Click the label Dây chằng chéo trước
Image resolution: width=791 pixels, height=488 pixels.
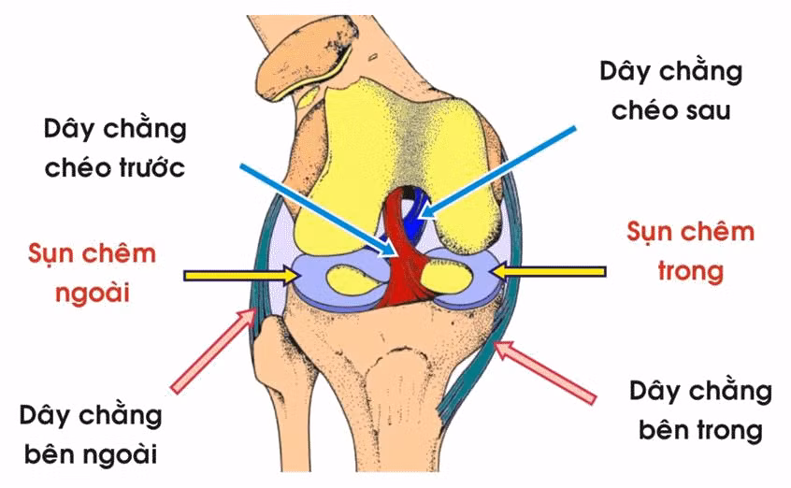tap(115, 149)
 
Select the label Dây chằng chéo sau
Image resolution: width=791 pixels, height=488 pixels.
tap(671, 91)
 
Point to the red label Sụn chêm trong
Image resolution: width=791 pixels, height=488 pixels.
tap(691, 251)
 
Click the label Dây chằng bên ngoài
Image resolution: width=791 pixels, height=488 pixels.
tap(91, 435)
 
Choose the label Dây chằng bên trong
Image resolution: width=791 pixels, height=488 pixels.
tap(700, 411)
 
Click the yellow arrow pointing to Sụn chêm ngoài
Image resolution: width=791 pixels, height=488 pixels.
tap(242, 276)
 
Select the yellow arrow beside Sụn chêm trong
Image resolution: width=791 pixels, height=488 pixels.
tap(548, 272)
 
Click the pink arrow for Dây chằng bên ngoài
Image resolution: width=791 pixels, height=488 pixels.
tap(214, 351)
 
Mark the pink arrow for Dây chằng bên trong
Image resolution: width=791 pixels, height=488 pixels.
tap(545, 372)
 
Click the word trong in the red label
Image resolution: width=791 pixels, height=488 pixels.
tap(691, 271)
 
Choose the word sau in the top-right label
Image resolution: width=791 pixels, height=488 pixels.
tap(709, 110)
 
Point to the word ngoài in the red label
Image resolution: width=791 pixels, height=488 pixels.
tap(93, 294)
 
